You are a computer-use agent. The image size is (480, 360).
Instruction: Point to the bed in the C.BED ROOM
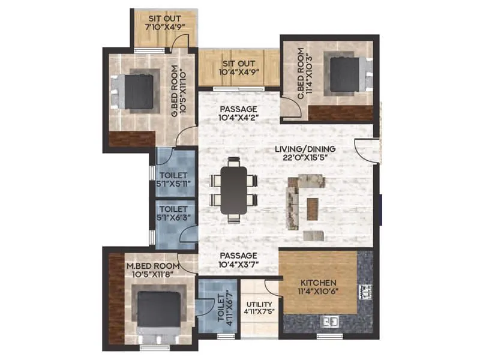click(x=344, y=74)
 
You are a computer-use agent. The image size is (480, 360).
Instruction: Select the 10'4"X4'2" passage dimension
click(x=238, y=119)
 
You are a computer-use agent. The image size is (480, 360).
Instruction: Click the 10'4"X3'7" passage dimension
click(x=238, y=265)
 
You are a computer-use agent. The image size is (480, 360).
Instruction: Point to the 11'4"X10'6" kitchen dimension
click(x=319, y=293)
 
